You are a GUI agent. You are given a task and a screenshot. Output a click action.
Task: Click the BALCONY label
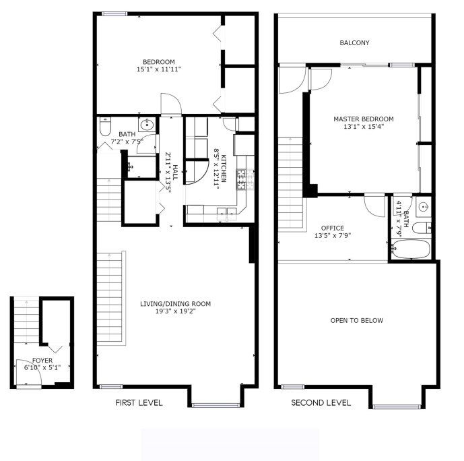coord(354,43)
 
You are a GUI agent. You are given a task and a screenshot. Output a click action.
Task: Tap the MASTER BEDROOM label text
coord(364,119)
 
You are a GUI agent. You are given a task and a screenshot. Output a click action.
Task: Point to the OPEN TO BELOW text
coord(356,320)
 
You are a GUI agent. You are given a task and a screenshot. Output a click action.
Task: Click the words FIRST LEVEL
coord(139,402)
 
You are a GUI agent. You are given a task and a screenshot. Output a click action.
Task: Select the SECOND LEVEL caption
coord(321,402)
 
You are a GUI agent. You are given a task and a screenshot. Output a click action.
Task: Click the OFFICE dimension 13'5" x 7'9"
coord(333,236)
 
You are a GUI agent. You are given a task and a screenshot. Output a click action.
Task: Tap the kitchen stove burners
coord(245,179)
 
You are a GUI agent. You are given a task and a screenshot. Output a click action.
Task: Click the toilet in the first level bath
coord(105,127)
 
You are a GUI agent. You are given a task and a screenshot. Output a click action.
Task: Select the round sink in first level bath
coord(146,125)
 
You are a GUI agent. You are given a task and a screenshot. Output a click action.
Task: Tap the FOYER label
coord(42,361)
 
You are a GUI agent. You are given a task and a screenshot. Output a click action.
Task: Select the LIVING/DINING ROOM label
coord(176,304)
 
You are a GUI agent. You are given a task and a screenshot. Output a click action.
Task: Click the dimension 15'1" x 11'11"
coord(159,69)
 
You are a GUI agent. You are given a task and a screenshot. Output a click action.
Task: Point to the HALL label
coord(175,173)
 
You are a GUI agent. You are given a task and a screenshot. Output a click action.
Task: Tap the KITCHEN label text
coord(224,168)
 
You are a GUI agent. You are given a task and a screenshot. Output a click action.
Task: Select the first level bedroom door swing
coord(171,104)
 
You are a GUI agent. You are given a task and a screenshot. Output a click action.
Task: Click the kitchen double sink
coord(227,214)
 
